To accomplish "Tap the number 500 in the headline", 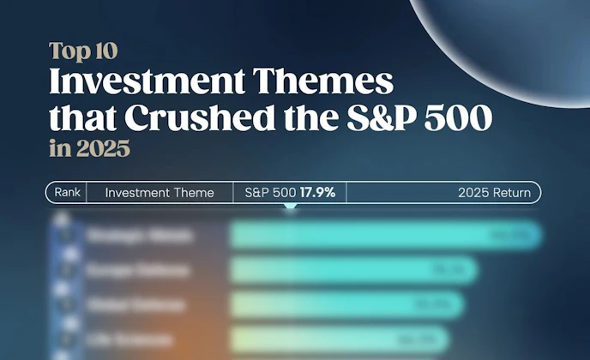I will click(x=461, y=118).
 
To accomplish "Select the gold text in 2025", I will click(x=89, y=148).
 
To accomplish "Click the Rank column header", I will click(x=67, y=193).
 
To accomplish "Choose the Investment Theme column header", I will click(x=160, y=193).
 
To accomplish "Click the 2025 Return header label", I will click(x=494, y=193).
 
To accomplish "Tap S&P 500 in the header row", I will click(x=269, y=193).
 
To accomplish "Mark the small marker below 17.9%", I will click(x=290, y=208).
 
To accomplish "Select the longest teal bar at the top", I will click(x=386, y=235).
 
